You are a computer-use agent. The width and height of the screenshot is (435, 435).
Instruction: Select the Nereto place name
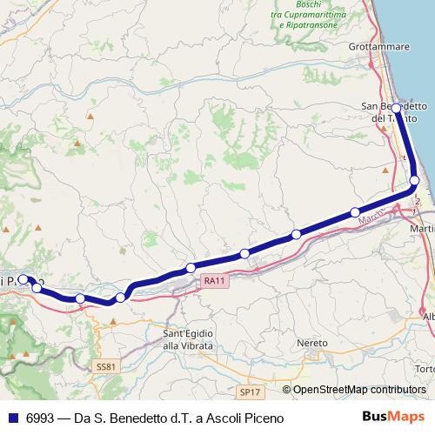[312, 343]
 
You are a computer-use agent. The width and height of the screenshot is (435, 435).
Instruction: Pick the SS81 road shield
[105, 367]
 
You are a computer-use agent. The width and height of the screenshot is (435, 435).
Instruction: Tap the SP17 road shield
[250, 392]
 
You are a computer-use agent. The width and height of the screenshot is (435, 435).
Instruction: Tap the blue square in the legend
[13, 418]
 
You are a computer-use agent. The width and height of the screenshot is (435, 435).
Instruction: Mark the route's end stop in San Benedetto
[396, 108]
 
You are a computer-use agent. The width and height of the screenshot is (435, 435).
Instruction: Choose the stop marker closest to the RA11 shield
[191, 267]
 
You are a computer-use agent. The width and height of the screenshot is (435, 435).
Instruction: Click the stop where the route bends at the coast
[414, 180]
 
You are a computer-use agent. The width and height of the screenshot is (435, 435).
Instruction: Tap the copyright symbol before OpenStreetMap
[286, 390]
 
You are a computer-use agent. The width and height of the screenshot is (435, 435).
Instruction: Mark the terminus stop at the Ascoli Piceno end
[23, 279]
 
